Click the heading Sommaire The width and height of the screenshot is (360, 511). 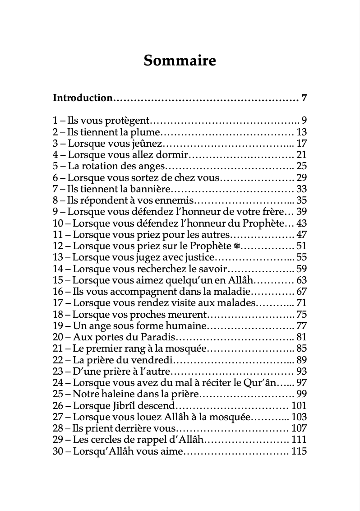pos(180,60)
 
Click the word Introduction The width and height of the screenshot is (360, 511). pos(83,98)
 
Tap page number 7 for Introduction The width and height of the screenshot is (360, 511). pos(304,98)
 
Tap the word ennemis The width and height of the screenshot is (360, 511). pos(176,201)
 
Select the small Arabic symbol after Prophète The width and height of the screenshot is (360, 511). pos(238,246)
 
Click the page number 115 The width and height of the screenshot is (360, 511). pos(299,451)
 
